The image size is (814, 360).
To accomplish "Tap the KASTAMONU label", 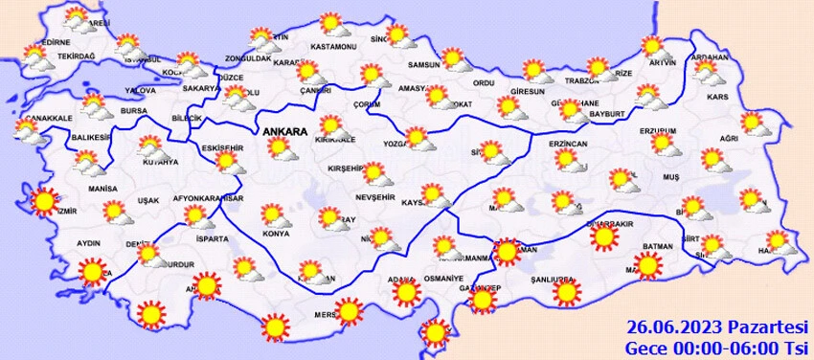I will [x=332, y=47].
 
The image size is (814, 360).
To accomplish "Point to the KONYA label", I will [x=277, y=233].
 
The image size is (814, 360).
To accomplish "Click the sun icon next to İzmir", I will [x=43, y=201].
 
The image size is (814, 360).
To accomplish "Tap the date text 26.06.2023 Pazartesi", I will [x=718, y=326].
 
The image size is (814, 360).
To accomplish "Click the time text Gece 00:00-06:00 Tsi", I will [x=718, y=345].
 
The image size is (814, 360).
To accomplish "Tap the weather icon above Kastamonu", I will [x=330, y=23].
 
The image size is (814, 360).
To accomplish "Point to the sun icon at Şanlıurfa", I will [x=566, y=291].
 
